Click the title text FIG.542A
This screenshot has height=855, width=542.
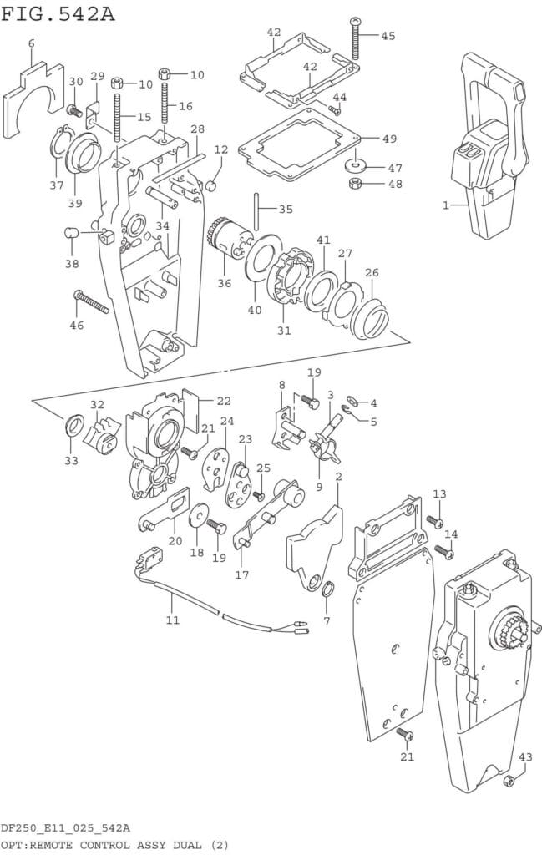[x=58, y=13]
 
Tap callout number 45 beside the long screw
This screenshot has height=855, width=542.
[x=388, y=36]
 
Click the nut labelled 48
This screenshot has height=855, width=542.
[x=355, y=183]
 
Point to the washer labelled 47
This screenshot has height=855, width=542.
[x=356, y=164]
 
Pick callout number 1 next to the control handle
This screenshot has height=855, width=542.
[x=446, y=205]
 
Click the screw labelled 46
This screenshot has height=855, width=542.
[x=91, y=302]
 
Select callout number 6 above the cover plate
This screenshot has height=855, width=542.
[x=31, y=43]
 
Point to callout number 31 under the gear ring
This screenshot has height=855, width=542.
[x=284, y=331]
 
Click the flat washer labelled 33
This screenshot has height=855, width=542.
[x=73, y=425]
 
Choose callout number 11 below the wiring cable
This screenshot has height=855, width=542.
[x=172, y=620]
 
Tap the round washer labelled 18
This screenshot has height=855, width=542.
[x=199, y=515]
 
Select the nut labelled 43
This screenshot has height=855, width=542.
[x=509, y=781]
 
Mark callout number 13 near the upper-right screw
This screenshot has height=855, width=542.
[x=439, y=494]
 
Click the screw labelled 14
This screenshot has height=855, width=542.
[x=443, y=551]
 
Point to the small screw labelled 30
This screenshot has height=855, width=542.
[x=74, y=110]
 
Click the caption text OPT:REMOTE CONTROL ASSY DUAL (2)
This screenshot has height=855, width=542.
[x=114, y=845]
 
